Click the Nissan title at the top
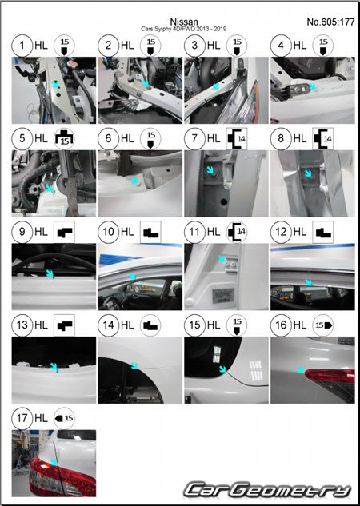[x=184, y=22]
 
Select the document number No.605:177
[x=330, y=22]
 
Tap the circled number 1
[x=22, y=46]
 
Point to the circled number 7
[x=194, y=138]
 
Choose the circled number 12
[x=281, y=232]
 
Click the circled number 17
[x=22, y=418]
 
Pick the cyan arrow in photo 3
[x=216, y=86]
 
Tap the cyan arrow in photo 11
[x=222, y=259]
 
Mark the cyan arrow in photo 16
[x=301, y=369]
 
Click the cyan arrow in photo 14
[x=134, y=365]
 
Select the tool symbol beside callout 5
[x=64, y=139]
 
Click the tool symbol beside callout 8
[x=323, y=139]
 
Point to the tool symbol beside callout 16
[x=323, y=325]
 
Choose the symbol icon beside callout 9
[x=64, y=232]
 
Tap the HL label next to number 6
[x=127, y=139]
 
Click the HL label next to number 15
[x=214, y=325]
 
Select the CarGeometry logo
[x=267, y=490]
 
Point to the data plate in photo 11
[x=223, y=295]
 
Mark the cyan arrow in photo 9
[x=50, y=273]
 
